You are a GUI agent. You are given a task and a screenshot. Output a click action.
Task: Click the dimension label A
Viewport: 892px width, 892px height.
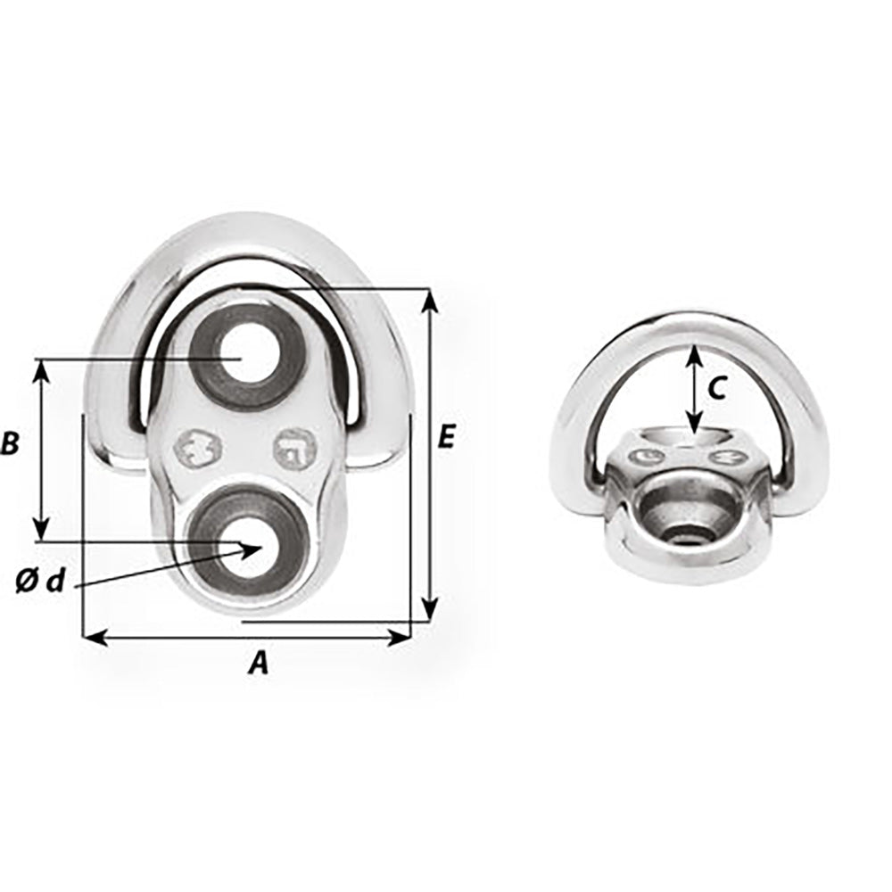pyautogui.click(x=258, y=662)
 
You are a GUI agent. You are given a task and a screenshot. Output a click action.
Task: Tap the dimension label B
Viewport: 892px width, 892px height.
pyautogui.click(x=11, y=443)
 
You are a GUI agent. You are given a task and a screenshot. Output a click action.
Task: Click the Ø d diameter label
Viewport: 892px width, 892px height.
pyautogui.click(x=41, y=582)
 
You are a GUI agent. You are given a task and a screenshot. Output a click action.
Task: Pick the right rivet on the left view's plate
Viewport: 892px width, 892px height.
pyautogui.click(x=294, y=449)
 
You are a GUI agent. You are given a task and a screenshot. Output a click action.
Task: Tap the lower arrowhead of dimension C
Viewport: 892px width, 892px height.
pyautogui.click(x=693, y=427)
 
